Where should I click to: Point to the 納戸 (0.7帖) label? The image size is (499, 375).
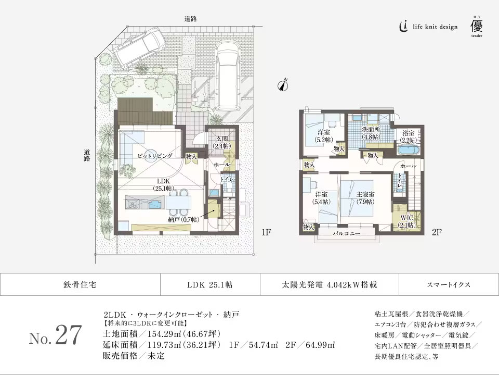[183, 220]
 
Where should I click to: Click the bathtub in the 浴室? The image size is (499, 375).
[410, 152]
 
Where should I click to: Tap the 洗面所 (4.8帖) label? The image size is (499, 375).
[371, 133]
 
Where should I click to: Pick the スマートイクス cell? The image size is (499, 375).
[449, 285]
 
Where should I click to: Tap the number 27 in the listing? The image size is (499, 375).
[68, 336]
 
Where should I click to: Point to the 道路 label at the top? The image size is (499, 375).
[190, 19]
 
